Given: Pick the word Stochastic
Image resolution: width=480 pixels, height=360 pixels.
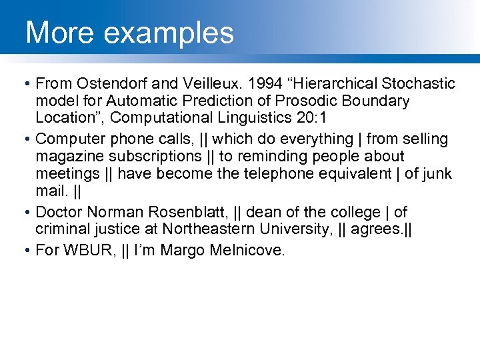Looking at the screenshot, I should tap(419, 83).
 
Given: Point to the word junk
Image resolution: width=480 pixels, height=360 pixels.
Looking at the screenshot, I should tap(438, 174).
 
